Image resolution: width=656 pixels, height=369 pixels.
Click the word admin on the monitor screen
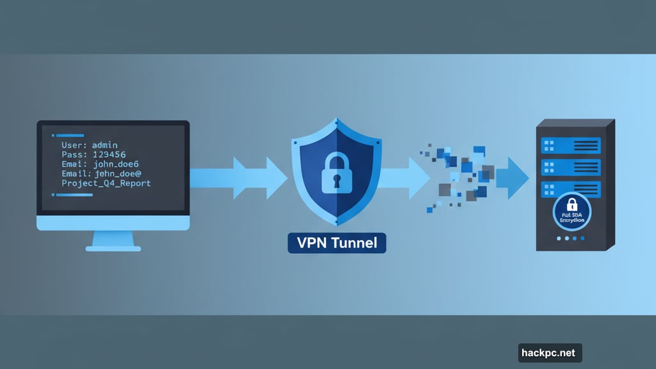pos(104,145)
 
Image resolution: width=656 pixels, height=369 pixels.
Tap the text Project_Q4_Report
pos(106,183)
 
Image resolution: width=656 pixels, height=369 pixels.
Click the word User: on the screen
pos(74,145)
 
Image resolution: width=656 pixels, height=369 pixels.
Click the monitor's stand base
pos(113,247)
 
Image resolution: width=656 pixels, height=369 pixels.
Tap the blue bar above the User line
pos(72,135)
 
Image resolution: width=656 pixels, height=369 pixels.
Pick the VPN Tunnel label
pos(337,243)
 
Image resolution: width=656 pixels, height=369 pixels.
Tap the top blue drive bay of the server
pos(570,145)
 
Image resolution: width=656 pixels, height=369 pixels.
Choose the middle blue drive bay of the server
pos(570,168)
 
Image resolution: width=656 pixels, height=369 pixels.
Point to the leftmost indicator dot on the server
pos(559,238)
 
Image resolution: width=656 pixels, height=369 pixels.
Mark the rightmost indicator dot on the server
pos(582,238)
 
